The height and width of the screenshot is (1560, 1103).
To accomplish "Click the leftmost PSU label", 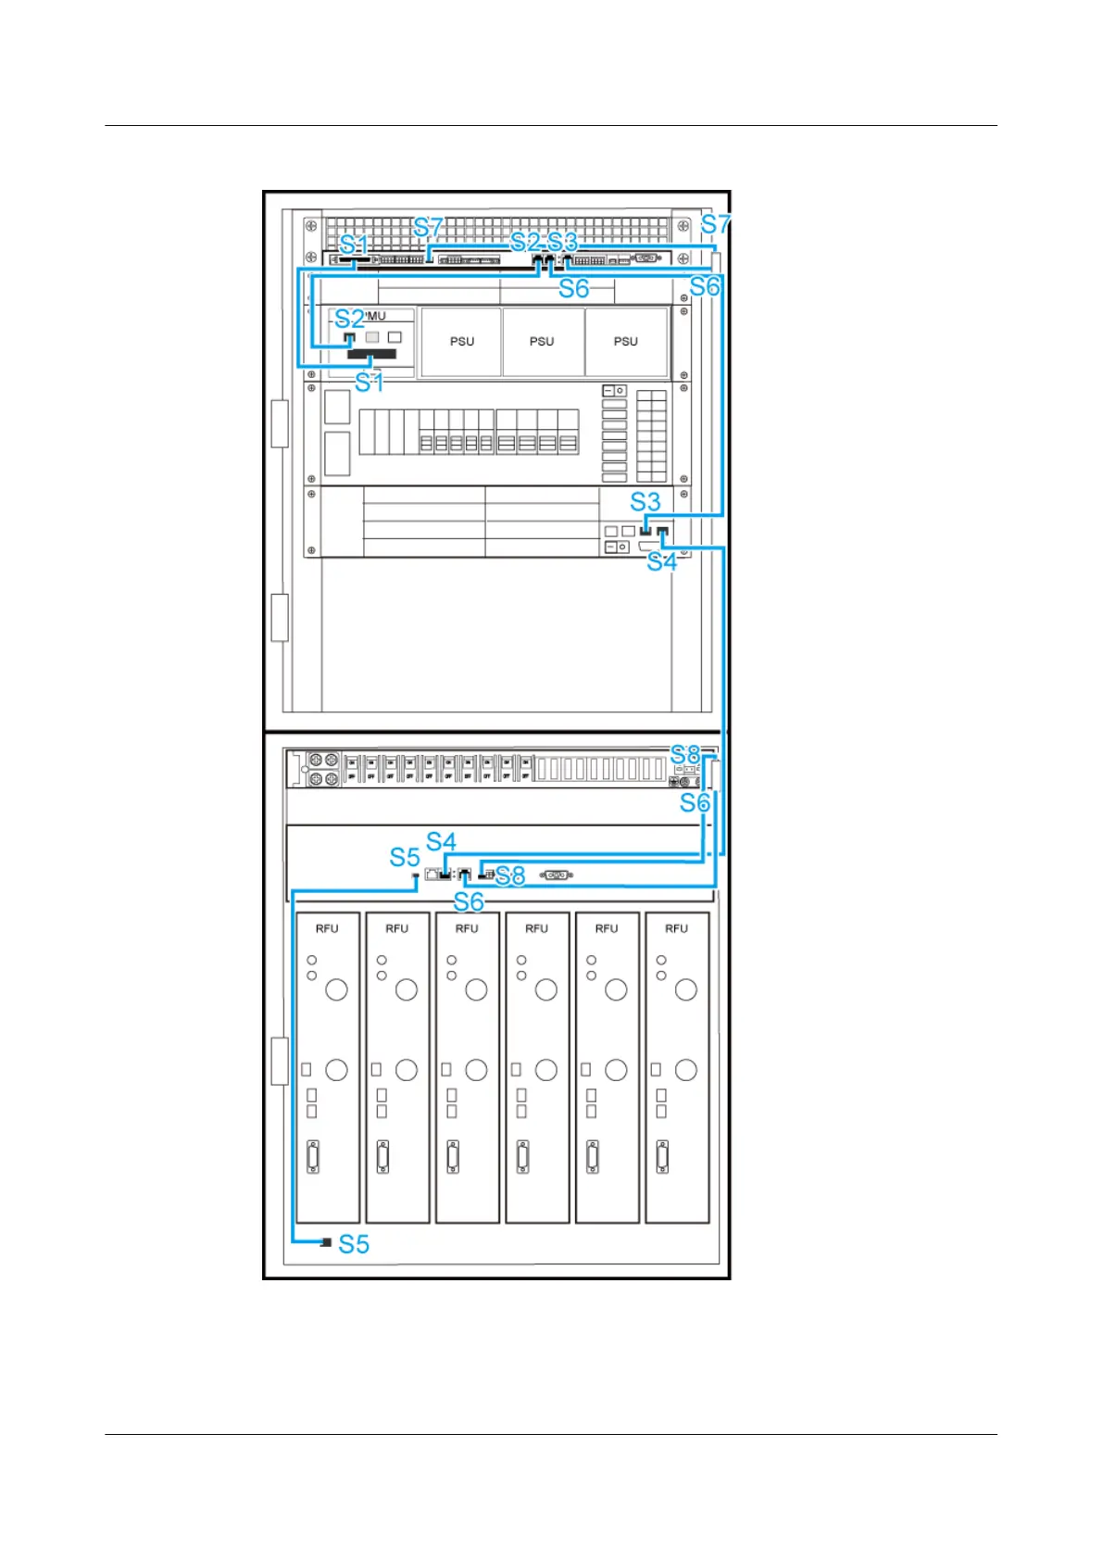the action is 461,342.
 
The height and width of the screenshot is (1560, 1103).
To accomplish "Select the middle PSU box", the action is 543,342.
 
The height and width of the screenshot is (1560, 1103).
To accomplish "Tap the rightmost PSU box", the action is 626,342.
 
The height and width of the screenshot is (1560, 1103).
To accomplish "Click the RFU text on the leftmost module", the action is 327,928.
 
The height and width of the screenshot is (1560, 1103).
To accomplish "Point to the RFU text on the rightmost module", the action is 676,928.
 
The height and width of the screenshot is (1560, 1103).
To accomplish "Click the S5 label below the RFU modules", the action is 354,1244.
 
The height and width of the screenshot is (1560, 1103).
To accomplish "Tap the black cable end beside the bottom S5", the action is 326,1242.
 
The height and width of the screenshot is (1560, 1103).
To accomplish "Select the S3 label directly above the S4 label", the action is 646,502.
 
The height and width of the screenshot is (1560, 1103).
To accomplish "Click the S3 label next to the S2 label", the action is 562,242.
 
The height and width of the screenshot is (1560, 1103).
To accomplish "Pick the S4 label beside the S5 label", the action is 441,841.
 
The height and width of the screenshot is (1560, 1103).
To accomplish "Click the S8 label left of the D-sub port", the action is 510,875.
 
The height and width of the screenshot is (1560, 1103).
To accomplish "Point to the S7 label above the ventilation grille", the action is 429,227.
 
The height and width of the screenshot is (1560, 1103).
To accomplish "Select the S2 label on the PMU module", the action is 349,319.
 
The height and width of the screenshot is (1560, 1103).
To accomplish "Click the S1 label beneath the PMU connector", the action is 370,382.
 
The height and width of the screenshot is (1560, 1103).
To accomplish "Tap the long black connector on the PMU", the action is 371,354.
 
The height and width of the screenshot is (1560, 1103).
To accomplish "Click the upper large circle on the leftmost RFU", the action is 336,989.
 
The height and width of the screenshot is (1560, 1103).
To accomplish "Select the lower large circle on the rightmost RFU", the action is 685,1070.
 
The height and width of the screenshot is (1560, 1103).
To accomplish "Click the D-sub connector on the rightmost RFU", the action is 662,1157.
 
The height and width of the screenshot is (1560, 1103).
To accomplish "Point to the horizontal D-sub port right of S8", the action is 556,874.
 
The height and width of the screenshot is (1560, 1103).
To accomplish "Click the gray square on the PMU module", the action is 372,337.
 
